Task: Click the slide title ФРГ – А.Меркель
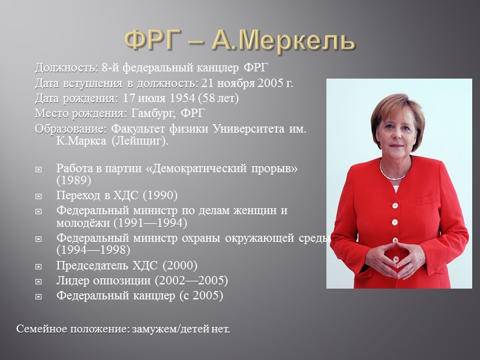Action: pyautogui.click(x=239, y=40)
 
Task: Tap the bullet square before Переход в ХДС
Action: pyautogui.click(x=40, y=196)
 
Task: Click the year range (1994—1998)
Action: pyautogui.click(x=94, y=250)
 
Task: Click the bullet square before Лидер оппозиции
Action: pyautogui.click(x=40, y=281)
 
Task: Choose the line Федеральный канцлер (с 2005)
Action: pyautogui.click(x=139, y=295)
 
